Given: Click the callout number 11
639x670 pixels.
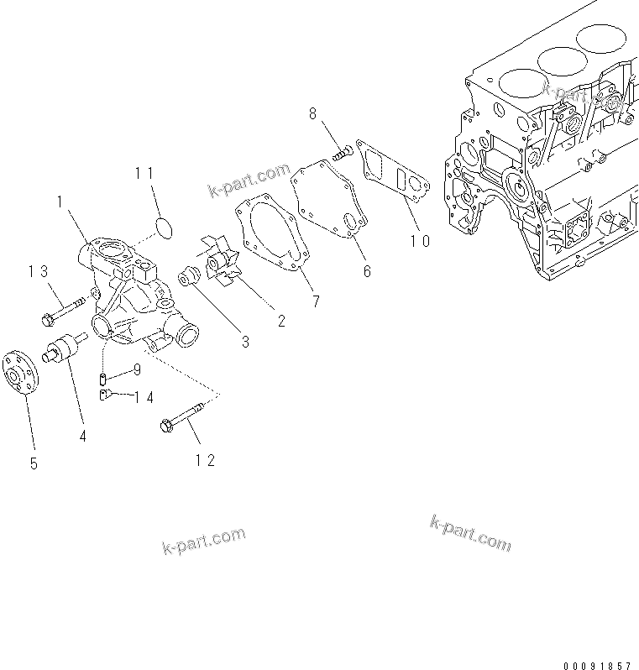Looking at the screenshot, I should pyautogui.click(x=144, y=173).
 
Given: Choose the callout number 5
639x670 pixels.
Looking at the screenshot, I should pyautogui.click(x=34, y=463).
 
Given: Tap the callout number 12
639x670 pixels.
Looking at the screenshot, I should pyautogui.click(x=206, y=459).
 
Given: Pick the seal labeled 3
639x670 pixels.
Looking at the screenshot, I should pyautogui.click(x=188, y=275).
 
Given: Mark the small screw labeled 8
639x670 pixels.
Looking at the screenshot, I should pyautogui.click(x=341, y=153).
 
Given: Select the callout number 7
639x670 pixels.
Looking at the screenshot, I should pyautogui.click(x=316, y=301).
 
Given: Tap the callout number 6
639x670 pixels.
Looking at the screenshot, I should pyautogui.click(x=366, y=271).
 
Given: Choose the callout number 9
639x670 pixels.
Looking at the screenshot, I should pyautogui.click(x=136, y=369).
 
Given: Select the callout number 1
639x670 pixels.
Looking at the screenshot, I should pyautogui.click(x=60, y=201).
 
